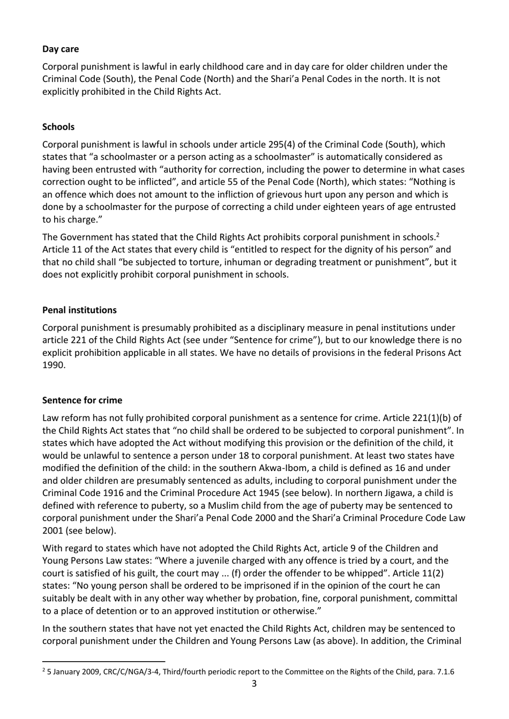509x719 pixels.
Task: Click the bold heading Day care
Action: [x=61, y=49]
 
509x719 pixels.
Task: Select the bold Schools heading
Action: [x=58, y=127]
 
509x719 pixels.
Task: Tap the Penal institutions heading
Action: [x=79, y=310]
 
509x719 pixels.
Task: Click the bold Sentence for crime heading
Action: [x=82, y=400]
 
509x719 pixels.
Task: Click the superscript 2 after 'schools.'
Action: [x=438, y=234]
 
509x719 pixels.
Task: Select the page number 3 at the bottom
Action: [x=254, y=684]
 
